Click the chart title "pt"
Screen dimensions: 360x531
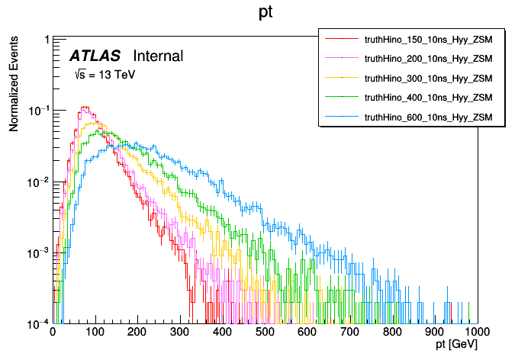point(265,13)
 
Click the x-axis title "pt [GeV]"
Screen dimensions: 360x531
point(457,346)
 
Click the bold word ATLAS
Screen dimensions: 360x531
point(96,56)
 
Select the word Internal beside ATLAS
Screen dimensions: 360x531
point(158,56)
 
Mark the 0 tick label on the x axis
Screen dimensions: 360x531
point(52,333)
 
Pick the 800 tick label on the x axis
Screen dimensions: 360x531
point(392,333)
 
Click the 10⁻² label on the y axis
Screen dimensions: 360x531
point(39,182)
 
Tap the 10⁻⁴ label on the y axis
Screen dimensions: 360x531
point(39,323)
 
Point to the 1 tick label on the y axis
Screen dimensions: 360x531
point(47,40)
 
